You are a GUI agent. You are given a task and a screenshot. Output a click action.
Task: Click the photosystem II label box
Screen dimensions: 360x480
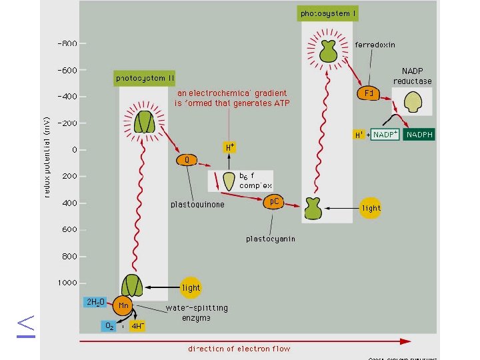[x=145, y=78]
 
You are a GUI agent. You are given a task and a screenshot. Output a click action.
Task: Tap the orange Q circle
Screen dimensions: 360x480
[x=187, y=160]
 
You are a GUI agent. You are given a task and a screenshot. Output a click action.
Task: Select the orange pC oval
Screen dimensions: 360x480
[x=274, y=201]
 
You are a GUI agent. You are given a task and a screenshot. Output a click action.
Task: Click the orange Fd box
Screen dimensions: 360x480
[x=368, y=93]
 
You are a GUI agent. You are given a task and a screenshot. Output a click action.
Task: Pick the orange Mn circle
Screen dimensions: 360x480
[x=123, y=305]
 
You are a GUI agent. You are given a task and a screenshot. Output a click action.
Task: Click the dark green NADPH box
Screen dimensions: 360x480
[x=419, y=135]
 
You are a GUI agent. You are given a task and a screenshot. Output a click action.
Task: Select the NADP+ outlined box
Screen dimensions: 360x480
[x=385, y=135]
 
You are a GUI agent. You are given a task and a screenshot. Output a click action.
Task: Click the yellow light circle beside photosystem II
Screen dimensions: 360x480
[x=191, y=287]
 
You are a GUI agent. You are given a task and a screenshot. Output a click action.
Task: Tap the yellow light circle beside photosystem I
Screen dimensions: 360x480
[x=371, y=208]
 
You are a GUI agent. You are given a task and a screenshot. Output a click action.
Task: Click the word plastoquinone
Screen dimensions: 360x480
[x=197, y=205]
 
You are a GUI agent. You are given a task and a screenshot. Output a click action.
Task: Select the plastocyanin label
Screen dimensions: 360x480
[x=270, y=238]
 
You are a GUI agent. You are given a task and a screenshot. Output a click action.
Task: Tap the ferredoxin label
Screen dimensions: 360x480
[x=375, y=45]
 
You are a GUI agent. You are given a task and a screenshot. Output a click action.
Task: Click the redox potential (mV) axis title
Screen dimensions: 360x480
[x=47, y=153]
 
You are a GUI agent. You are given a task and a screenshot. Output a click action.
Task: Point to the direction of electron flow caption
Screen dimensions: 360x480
[x=239, y=349]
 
